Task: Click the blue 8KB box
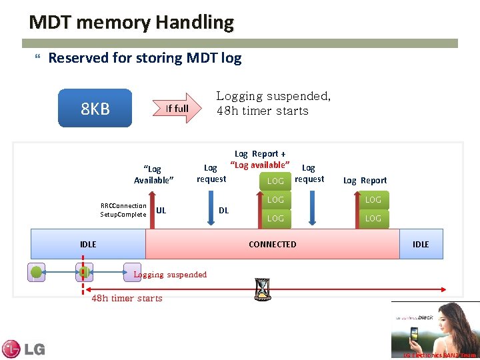coord(95,108)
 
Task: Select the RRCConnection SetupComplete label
coord(123,210)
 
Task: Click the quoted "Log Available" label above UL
coord(153,175)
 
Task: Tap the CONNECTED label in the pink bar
coord(272,245)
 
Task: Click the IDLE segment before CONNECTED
coord(88,245)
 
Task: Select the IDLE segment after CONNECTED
coord(421,245)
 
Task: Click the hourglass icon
coord(262,289)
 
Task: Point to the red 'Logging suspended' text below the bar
coord(170,275)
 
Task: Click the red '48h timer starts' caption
coord(127,298)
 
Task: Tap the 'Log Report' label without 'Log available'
coord(365,181)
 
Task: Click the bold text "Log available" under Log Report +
coord(260,165)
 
